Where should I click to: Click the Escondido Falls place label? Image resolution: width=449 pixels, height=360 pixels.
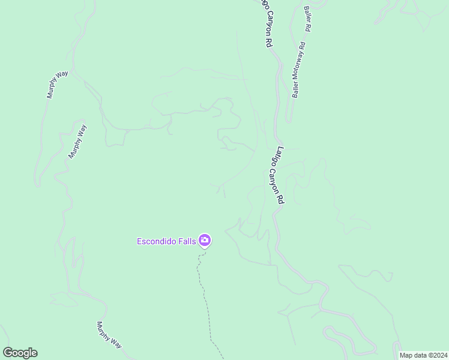pyautogui.click(x=167, y=242)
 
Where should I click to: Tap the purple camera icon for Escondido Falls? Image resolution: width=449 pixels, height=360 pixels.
pyautogui.click(x=205, y=241)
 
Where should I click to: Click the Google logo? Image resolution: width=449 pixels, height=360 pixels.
pyautogui.click(x=20, y=353)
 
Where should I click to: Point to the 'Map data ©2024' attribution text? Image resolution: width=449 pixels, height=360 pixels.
pyautogui.click(x=424, y=355)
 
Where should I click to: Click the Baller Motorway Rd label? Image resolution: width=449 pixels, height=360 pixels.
pyautogui.click(x=299, y=69)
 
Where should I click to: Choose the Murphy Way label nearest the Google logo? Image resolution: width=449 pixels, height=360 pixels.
pyautogui.click(x=109, y=335)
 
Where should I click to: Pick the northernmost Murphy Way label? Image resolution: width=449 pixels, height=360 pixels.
pyautogui.click(x=58, y=85)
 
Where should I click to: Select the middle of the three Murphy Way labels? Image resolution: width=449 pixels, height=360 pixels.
pyautogui.click(x=78, y=142)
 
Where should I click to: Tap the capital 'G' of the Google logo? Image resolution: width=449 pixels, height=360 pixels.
pyautogui.click(x=8, y=353)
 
